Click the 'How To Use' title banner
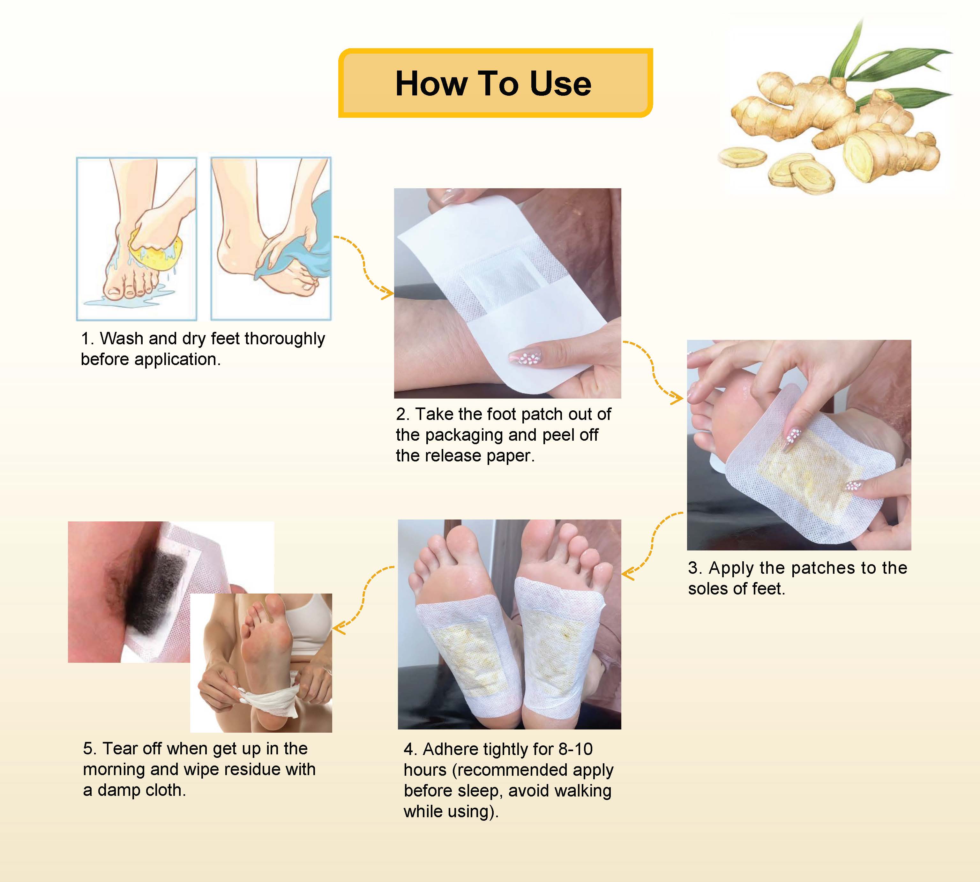click(x=495, y=83)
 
